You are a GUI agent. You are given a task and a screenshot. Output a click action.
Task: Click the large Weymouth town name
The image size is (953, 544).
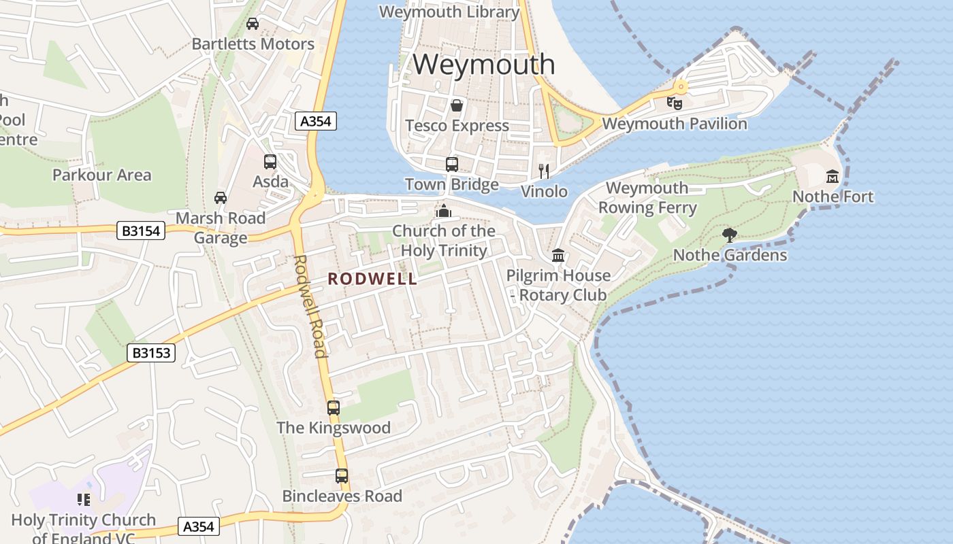coord(484,65)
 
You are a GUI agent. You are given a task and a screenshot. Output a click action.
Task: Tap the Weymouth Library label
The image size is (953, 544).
coord(449,12)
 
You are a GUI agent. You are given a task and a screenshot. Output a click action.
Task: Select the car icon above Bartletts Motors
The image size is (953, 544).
coord(253,24)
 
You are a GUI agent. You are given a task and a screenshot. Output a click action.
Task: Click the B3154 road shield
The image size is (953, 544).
coord(142,231)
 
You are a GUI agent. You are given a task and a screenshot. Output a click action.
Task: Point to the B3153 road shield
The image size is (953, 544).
coord(151,353)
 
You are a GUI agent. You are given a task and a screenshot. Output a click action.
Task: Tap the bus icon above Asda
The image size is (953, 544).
coord(270,162)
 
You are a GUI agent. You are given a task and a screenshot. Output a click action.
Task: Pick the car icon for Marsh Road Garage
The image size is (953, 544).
coord(221,198)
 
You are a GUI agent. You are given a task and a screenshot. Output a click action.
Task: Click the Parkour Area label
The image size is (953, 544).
coord(101,175)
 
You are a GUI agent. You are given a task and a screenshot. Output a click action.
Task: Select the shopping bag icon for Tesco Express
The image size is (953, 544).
coord(457,105)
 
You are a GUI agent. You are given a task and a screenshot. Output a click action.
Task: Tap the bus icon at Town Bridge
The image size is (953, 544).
coord(452,164)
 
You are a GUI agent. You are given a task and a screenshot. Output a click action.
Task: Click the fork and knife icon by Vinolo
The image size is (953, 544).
coord(543,171)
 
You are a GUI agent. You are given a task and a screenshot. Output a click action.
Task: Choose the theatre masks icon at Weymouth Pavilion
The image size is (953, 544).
coord(674,103)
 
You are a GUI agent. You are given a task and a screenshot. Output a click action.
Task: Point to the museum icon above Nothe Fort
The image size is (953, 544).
coord(832,177)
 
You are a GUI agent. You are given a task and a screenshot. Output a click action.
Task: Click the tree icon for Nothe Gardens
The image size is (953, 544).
coord(730,235)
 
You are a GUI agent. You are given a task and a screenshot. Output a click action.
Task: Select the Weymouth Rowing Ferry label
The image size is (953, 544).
coord(647,198)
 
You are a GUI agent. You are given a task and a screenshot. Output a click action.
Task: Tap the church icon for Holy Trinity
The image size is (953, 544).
coord(444,211)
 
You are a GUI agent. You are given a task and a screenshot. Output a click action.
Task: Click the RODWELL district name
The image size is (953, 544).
coord(372,279)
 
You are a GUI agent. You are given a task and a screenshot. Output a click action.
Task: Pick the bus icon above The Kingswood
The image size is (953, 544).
coord(333,408)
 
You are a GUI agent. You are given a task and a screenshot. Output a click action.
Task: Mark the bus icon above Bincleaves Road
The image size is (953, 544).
coord(342,476)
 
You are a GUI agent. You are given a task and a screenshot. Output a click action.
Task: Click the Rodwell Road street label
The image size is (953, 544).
coord(310,306)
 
